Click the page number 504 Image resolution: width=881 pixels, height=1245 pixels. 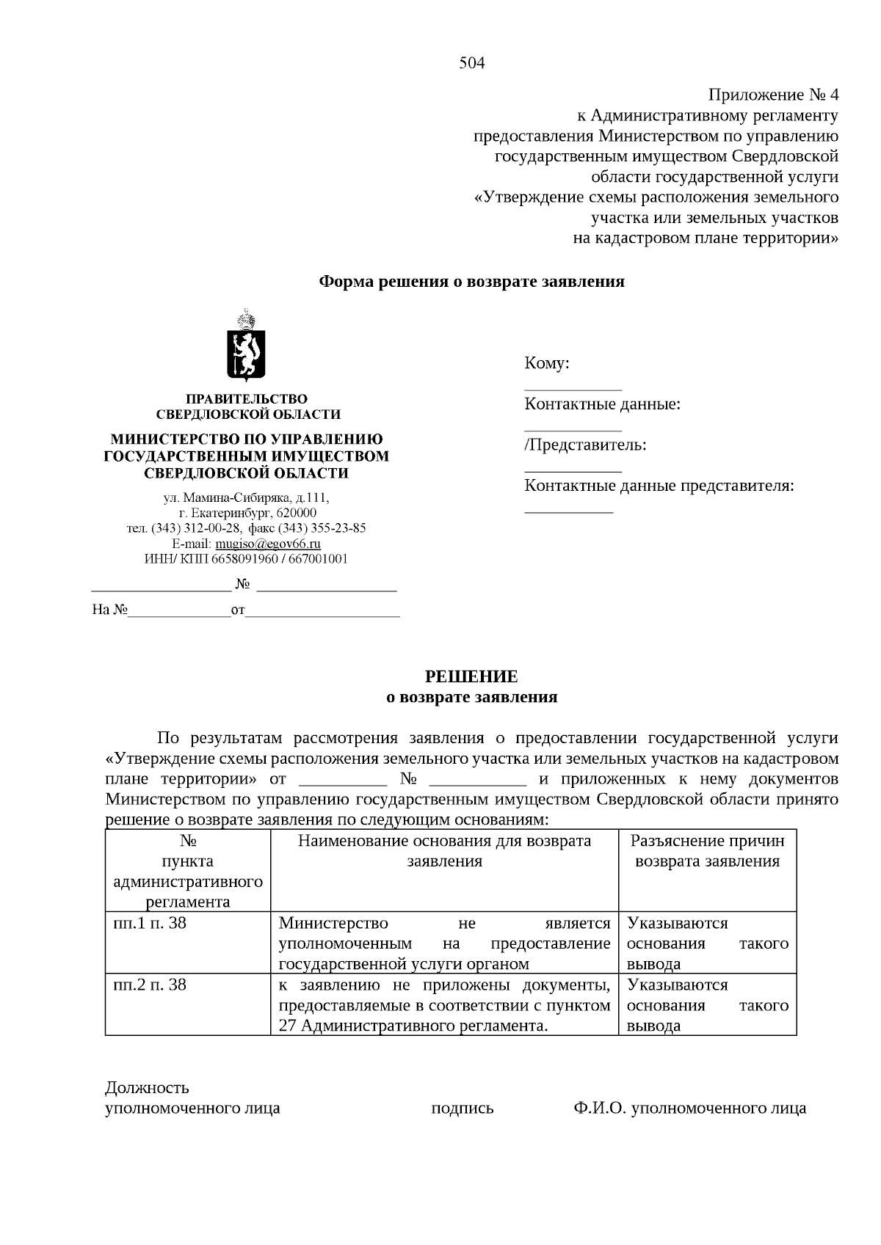pos(472,63)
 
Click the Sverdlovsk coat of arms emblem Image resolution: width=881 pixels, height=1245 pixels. pos(247,346)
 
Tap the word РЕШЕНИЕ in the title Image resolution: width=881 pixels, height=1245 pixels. pos(472,676)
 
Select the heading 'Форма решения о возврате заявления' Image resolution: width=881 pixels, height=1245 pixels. pos(471,282)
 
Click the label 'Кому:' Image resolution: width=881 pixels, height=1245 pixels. pos(547,363)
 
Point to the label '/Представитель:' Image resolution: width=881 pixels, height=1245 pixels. pos(585,445)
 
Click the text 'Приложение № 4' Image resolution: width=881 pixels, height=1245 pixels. pos(772,95)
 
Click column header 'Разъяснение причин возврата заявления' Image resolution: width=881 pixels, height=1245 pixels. pos(707,851)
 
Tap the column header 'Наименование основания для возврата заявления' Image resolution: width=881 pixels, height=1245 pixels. pos(444,851)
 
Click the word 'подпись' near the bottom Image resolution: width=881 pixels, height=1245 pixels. pos(462,1108)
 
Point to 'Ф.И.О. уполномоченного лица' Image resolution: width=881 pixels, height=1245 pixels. pos(689,1108)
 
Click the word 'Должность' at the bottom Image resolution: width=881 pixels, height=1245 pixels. pos(147,1087)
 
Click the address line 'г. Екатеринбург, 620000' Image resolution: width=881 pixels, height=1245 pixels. pos(247,513)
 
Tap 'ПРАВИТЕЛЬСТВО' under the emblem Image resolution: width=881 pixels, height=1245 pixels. pos(246,398)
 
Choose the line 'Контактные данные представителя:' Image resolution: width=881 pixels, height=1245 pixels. pos(659,486)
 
